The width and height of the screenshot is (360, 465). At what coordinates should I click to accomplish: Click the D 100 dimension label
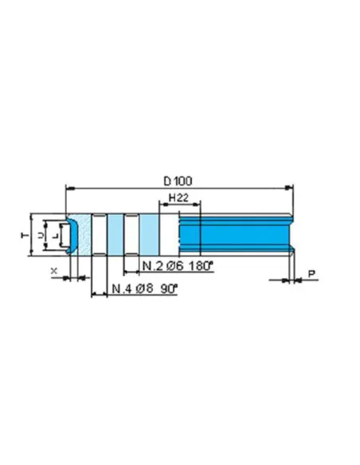point(178,181)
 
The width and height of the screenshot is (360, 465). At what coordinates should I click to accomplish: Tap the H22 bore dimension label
point(178,197)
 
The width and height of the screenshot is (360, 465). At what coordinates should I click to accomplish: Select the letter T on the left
point(25,235)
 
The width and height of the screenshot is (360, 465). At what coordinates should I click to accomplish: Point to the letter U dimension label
point(41,235)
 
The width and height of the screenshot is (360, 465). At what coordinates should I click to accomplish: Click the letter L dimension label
point(56,236)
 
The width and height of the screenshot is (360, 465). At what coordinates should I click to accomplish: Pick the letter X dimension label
point(54,271)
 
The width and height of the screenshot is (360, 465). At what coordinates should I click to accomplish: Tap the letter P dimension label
point(311,273)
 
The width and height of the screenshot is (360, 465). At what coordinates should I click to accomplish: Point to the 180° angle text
point(201,265)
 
